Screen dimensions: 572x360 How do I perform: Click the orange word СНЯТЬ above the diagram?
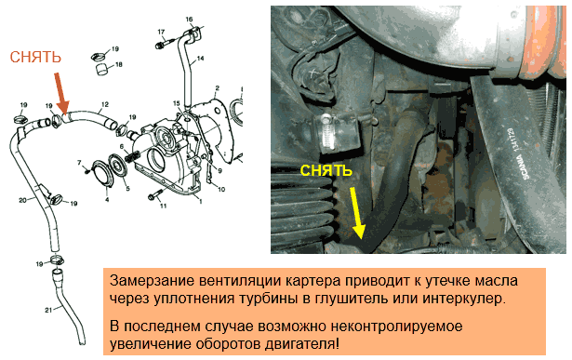click(x=35, y=58)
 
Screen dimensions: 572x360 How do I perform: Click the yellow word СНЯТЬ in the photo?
click(x=326, y=171)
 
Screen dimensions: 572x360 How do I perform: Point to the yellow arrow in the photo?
click(x=357, y=213)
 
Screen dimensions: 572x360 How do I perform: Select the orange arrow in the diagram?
click(x=61, y=93)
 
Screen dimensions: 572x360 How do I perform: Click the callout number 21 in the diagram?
click(x=49, y=310)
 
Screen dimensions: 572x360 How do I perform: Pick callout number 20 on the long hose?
click(x=22, y=200)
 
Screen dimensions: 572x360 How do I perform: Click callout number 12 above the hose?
click(x=105, y=105)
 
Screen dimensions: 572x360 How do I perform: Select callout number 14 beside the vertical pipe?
click(x=200, y=59)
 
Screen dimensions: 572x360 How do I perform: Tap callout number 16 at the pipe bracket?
click(x=189, y=20)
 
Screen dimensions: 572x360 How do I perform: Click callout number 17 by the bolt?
click(x=161, y=33)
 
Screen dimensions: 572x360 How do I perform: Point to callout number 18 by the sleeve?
click(x=118, y=65)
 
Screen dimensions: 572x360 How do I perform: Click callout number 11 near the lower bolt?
click(x=163, y=206)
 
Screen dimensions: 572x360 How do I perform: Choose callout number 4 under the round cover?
click(x=107, y=199)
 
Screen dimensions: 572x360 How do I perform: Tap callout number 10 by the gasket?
click(x=221, y=189)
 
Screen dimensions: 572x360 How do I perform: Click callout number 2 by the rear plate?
click(x=218, y=87)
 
